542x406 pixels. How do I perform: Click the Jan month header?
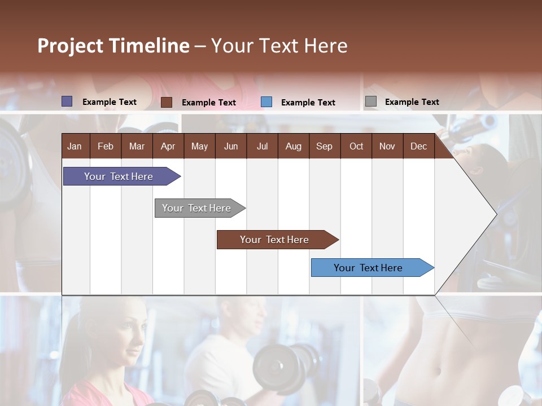(75, 146)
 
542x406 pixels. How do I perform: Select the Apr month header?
(168, 146)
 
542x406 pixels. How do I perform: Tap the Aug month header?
(293, 146)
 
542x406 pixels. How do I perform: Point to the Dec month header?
(418, 146)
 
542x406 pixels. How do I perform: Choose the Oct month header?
(356, 146)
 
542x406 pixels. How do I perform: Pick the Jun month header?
(230, 146)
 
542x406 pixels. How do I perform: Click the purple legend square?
(67, 101)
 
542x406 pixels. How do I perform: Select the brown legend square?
(167, 102)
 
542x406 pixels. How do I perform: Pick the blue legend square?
(266, 102)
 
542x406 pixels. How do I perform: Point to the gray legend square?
(370, 101)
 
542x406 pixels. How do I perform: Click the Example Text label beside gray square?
(412, 101)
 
